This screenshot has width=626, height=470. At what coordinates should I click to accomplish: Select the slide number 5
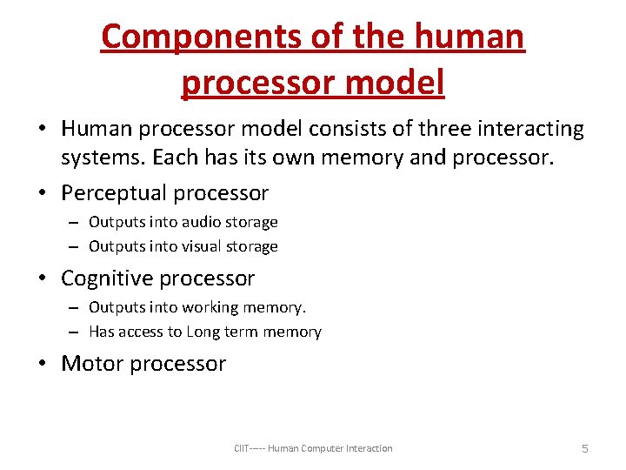(584, 448)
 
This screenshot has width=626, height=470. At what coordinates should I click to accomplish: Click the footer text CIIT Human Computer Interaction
(313, 448)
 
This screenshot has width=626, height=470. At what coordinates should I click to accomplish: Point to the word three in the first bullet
(419, 129)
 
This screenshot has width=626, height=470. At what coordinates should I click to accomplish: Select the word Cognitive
(108, 279)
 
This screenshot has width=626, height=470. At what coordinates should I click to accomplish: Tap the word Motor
(90, 364)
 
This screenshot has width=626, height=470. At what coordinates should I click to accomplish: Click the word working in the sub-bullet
(214, 307)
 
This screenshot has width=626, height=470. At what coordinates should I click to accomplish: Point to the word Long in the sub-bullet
(203, 332)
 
